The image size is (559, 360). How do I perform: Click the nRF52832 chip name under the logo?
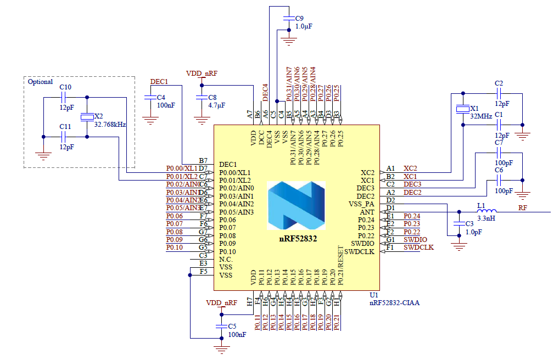coord(297,239)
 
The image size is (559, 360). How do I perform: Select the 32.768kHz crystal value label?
coord(110,125)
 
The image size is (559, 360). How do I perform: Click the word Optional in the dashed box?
coord(41,82)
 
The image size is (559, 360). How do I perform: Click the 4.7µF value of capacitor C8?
coord(217,105)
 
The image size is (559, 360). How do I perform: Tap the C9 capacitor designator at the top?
coord(299,18)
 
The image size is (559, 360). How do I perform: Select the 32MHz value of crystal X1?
coord(481,116)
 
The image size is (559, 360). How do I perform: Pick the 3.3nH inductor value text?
coord(487,218)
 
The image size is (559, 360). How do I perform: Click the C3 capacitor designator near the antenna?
coord(469,224)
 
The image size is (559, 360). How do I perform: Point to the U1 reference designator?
coord(374,295)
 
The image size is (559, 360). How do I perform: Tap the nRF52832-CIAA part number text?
coord(394,302)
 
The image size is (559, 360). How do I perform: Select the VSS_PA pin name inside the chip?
coord(361,204)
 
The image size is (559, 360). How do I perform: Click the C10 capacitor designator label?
coord(65,87)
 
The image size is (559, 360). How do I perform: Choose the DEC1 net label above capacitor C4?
coord(159,81)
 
